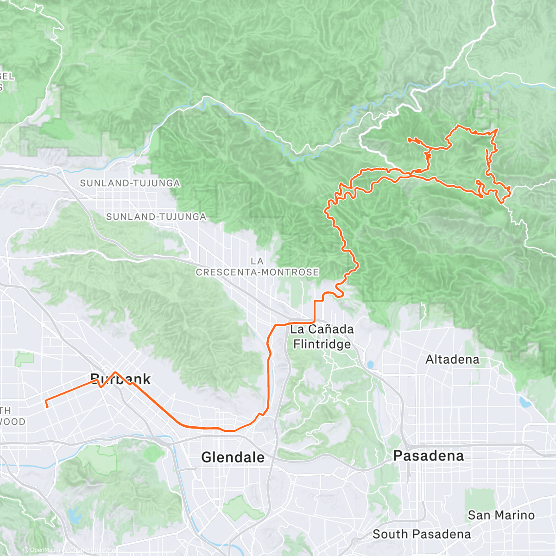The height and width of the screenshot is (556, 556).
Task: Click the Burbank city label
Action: [120, 379]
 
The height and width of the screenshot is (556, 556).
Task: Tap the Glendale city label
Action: [233, 457]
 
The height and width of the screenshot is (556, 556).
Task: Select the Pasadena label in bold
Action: [428, 456]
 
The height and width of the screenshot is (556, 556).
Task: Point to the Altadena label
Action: [452, 360]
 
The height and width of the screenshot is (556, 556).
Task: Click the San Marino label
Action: [501, 515]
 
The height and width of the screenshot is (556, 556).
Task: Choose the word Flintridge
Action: [322, 344]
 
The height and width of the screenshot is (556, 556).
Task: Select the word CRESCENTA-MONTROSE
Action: [257, 272]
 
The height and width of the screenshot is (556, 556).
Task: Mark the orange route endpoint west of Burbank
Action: [47, 407]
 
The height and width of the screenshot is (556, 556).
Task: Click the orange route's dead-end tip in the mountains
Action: [409, 139]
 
